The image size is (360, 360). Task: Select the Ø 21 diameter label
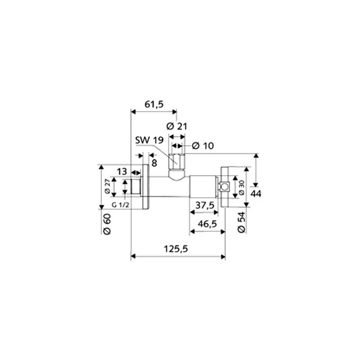(x=177, y=127)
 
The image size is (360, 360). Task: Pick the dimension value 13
(x=122, y=172)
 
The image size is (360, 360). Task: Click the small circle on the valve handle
(x=224, y=187)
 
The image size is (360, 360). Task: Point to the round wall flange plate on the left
(x=145, y=187)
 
